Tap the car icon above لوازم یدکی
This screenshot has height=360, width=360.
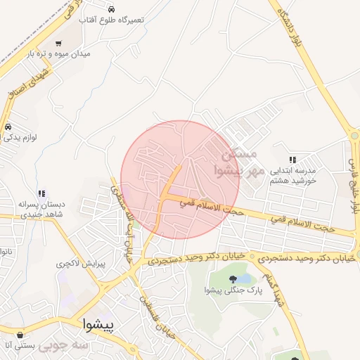point(8,127)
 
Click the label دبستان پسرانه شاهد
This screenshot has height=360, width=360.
point(41,209)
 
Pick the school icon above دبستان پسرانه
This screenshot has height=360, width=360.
point(42,193)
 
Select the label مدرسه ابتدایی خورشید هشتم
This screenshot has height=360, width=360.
point(292,175)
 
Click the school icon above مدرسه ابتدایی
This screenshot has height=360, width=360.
point(292,160)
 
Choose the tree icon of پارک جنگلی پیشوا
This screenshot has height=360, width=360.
point(233,279)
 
